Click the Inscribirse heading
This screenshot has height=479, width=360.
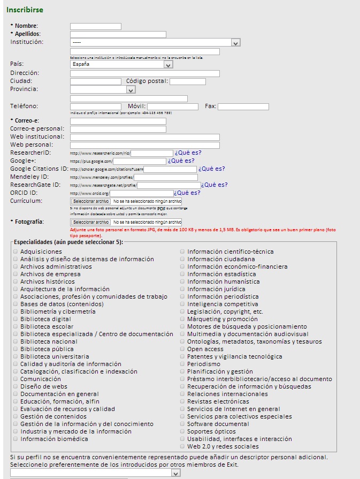coord(25,10)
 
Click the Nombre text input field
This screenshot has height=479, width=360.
coord(96,26)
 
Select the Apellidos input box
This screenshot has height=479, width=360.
coord(118,34)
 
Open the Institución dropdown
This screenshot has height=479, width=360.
coord(155,42)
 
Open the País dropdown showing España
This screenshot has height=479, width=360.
coord(122,64)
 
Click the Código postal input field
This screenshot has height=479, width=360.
coord(187,81)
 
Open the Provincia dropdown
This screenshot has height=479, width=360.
coord(103,89)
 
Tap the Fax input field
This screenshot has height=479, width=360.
coord(243,107)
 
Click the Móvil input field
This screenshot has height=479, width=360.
coord(172,107)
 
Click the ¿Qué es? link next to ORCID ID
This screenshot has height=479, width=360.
coord(187,193)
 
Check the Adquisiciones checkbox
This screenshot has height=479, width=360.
coord(16,252)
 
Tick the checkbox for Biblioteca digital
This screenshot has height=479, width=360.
coord(16,319)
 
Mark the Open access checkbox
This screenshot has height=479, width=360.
coord(182,349)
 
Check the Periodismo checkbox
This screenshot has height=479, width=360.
coord(182,364)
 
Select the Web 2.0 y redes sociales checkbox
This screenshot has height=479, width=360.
coord(182,446)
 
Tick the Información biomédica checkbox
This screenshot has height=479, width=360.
coord(16,439)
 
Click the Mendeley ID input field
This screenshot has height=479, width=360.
coord(165,177)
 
